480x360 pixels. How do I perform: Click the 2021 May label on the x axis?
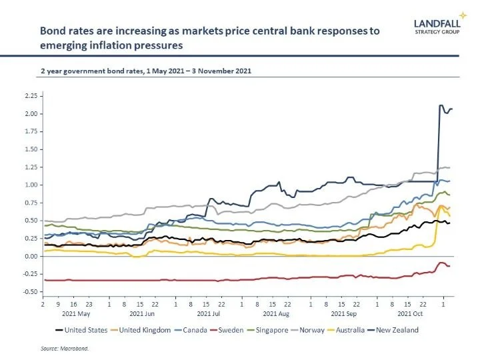coord(75,312)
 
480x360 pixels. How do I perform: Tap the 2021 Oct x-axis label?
coord(411,312)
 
